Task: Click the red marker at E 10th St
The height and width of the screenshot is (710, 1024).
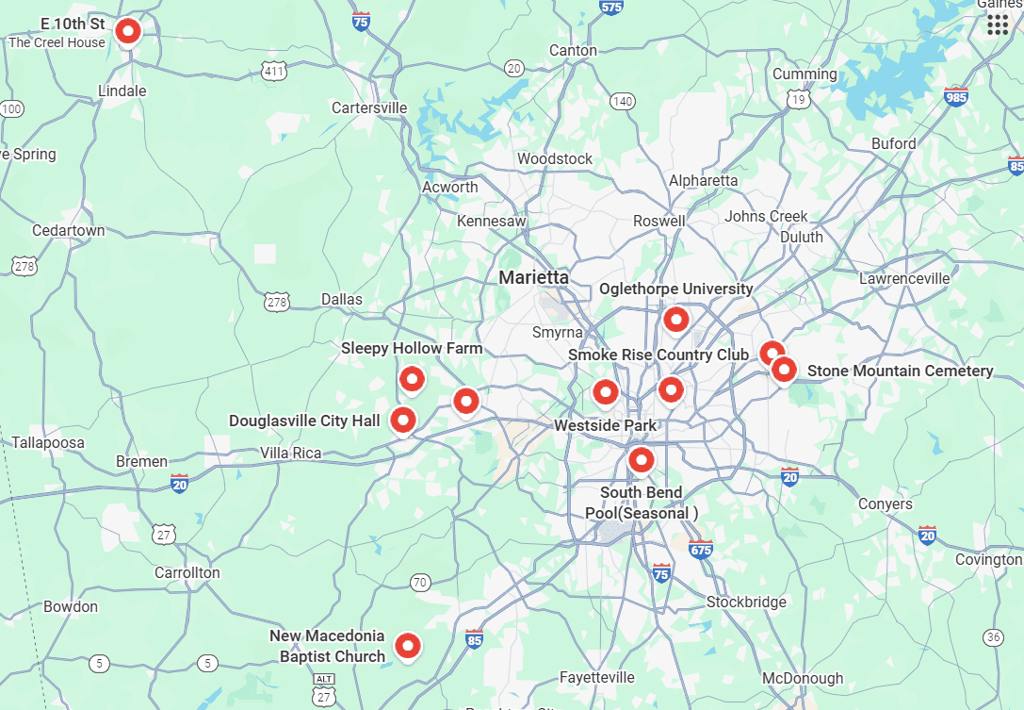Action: point(128,32)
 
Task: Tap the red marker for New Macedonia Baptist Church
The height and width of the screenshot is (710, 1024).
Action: point(407,646)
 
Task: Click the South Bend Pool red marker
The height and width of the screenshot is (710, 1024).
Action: point(642,460)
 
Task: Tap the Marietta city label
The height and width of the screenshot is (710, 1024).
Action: point(533,277)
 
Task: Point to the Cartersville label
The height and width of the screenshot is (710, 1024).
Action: point(369,107)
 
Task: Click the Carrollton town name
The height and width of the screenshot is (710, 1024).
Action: point(187,572)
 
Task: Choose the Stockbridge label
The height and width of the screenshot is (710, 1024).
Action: point(746,602)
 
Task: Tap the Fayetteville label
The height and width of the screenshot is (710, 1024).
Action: point(597,677)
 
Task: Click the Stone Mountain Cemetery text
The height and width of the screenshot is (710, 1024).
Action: point(900,371)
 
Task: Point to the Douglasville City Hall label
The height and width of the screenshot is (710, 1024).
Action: point(304,421)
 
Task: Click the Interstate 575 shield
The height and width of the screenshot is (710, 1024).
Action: point(611,8)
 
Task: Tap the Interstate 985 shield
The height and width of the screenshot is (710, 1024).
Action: point(955,96)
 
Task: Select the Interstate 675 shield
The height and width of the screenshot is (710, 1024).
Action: point(701,549)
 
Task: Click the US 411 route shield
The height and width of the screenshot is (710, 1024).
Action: point(274,71)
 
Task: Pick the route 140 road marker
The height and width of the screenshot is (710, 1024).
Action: point(622,101)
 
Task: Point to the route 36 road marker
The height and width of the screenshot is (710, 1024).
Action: point(993,637)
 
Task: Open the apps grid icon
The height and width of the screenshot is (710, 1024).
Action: point(998,25)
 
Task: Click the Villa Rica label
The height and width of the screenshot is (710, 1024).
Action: point(290,453)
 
